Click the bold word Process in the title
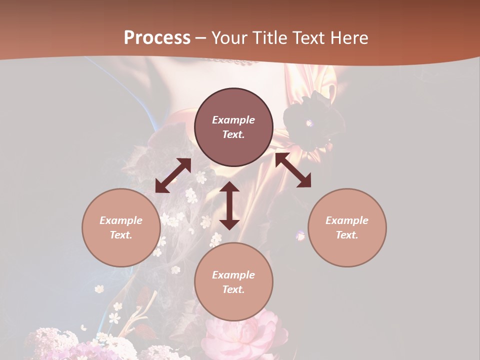[x=157, y=38]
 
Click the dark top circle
[x=233, y=127]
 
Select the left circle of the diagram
[x=121, y=227]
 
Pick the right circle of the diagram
[x=347, y=227]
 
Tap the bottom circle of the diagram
[x=233, y=282]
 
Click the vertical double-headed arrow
[x=229, y=205]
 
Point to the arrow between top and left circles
[x=173, y=175]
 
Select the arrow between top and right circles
[x=293, y=170]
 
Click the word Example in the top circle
[x=233, y=120]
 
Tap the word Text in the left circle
[x=121, y=235]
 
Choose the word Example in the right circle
[x=347, y=220]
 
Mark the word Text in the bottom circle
[x=233, y=289]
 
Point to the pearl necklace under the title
[x=230, y=61]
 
